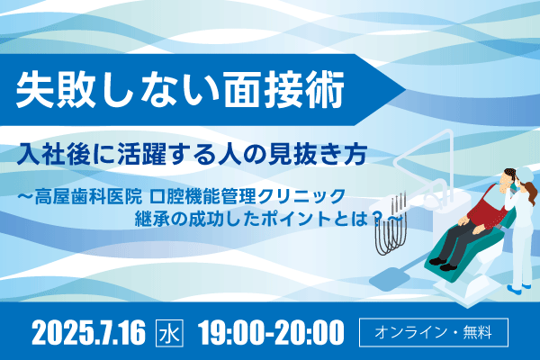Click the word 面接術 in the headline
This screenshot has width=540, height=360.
[284, 91]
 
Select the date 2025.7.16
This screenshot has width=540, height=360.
[89, 332]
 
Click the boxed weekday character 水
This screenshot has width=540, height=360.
[169, 333]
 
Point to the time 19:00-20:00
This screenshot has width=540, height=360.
[271, 332]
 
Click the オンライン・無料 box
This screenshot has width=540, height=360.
[434, 332]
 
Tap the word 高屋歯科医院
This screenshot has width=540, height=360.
[88, 197]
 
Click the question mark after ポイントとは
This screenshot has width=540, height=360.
[378, 219]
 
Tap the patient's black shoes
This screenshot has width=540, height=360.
[443, 265]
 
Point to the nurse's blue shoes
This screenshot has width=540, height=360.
[519, 288]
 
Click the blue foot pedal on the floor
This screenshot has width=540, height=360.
[389, 278]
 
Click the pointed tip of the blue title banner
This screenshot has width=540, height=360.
[406, 90]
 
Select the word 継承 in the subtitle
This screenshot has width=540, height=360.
[152, 219]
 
